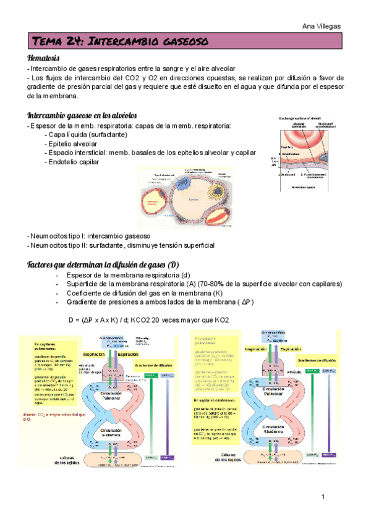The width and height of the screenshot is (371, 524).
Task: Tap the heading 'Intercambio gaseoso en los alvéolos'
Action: tap(87, 116)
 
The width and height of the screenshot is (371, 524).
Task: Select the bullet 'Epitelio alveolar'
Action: tap(75, 144)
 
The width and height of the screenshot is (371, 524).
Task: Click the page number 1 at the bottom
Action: tap(323, 497)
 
